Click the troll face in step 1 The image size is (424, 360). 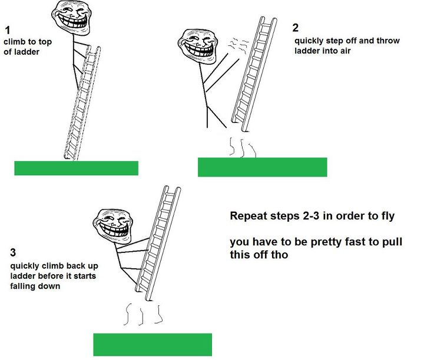[x=71, y=17]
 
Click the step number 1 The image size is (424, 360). [x=8, y=30]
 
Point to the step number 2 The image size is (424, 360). [x=295, y=28]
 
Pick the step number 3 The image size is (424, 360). [x=13, y=252]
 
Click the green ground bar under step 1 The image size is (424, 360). [x=76, y=168]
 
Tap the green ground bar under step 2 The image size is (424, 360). [x=262, y=167]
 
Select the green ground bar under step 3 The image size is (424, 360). [x=153, y=345]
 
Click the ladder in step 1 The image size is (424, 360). [x=82, y=103]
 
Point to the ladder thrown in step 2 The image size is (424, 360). [x=254, y=74]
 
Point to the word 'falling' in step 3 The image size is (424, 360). [x=22, y=286]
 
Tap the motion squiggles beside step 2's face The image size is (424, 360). [x=238, y=45]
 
